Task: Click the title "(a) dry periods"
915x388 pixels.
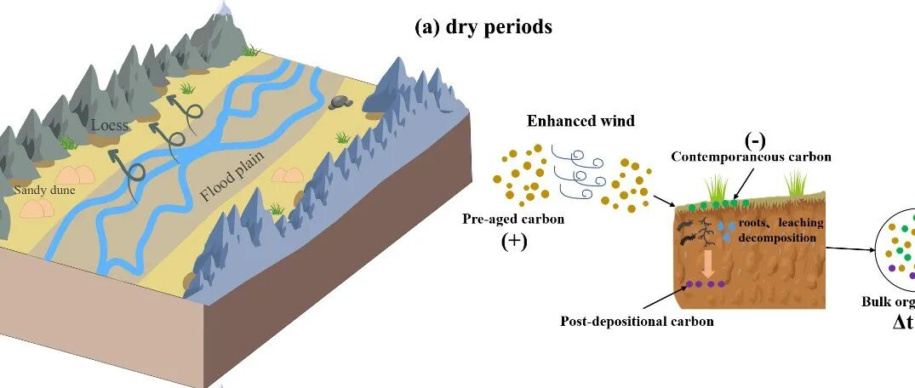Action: pos(483,27)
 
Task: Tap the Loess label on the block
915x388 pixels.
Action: pos(110,125)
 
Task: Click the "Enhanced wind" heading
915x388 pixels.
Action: pos(580,121)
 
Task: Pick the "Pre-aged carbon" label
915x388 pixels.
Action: pos(513,219)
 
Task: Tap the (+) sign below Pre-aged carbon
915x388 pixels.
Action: pos(514,241)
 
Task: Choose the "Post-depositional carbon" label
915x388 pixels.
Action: pos(637,322)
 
